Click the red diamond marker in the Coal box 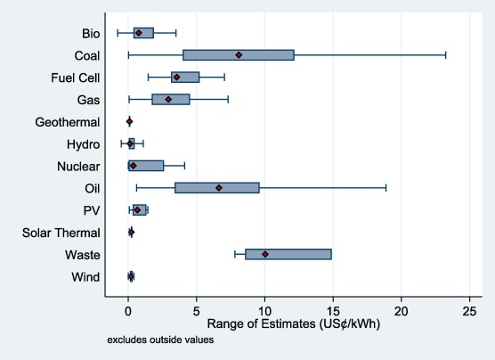click(239, 55)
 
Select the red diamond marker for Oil click(218, 188)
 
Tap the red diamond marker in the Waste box click(265, 254)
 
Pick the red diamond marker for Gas click(168, 99)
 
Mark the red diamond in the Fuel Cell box click(176, 78)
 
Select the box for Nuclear click(146, 166)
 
